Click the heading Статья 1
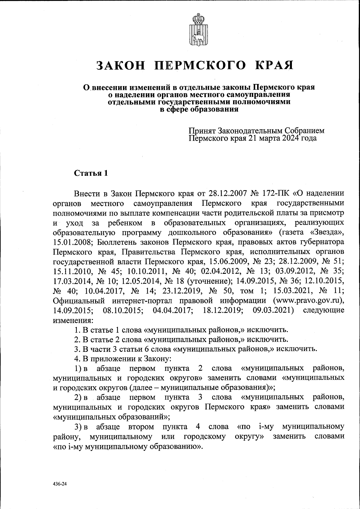coord(91,173)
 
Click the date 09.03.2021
coord(273,310)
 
